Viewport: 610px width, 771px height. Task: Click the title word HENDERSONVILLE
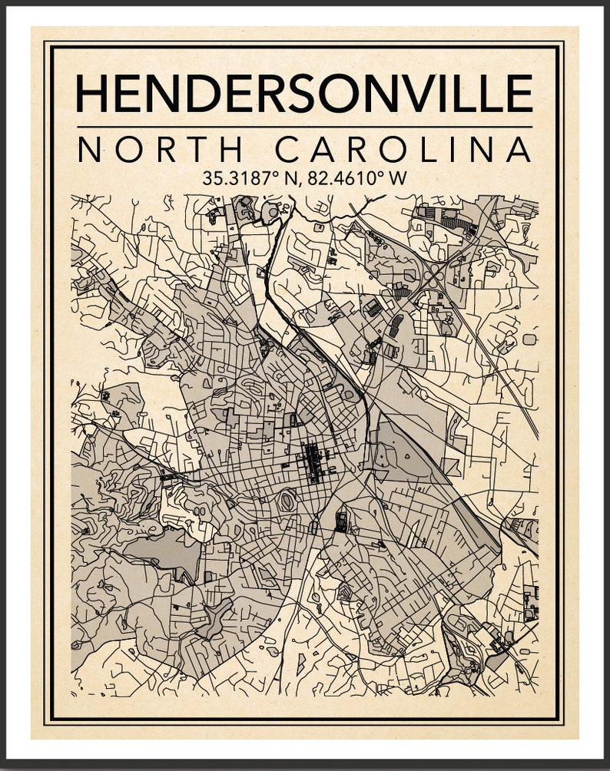[x=304, y=94]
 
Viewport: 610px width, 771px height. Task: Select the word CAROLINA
[x=403, y=149]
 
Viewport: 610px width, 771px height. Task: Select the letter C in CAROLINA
[x=290, y=149]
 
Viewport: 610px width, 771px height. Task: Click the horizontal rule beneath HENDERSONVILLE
[x=304, y=127]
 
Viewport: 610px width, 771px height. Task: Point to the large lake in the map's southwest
[x=164, y=549]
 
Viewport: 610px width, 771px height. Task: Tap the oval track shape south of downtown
[x=288, y=501]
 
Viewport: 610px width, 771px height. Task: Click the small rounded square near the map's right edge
[x=529, y=339]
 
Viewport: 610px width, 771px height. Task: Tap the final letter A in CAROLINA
[x=518, y=149]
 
